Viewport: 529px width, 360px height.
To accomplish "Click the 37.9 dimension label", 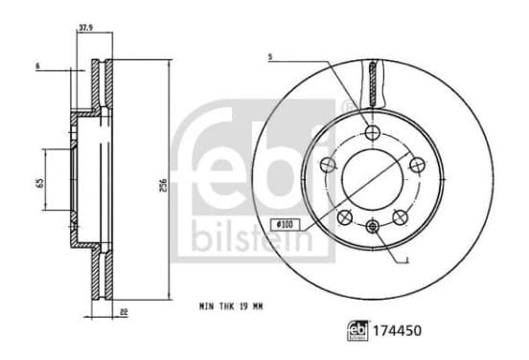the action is click(85, 28).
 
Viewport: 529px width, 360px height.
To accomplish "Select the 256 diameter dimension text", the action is click(163, 186).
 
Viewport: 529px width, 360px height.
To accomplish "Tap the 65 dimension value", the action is click(40, 182).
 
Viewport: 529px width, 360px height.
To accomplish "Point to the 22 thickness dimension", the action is click(124, 312).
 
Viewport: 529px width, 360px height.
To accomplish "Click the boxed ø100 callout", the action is click(285, 224).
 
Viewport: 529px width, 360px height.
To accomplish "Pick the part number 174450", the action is click(397, 330).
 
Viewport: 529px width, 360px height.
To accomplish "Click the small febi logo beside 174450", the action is click(358, 330).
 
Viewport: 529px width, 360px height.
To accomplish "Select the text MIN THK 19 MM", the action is click(231, 306).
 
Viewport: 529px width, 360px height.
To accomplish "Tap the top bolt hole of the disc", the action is click(373, 132).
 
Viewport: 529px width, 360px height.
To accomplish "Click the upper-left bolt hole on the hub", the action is click(329, 164).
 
